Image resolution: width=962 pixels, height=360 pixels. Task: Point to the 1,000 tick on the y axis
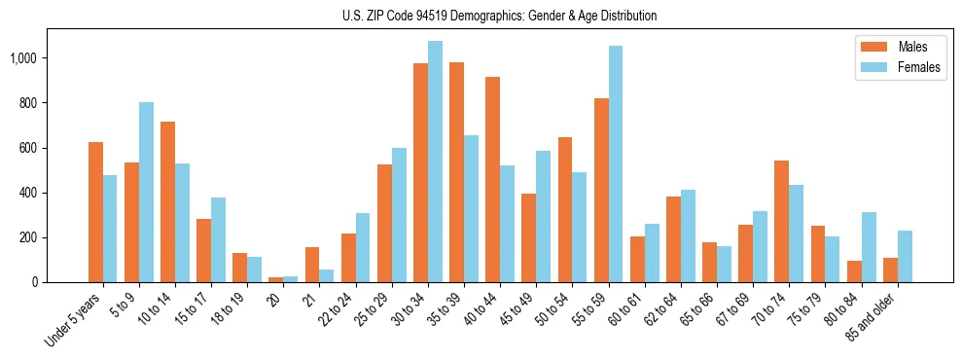pyautogui.click(x=23, y=58)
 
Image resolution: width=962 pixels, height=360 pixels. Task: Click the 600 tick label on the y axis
pyautogui.click(x=27, y=148)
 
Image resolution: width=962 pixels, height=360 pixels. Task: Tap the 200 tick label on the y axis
pyautogui.click(x=27, y=237)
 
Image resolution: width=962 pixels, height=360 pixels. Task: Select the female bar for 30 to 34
pyautogui.click(x=435, y=162)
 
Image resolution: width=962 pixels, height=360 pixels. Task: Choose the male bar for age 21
pyautogui.click(x=312, y=265)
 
